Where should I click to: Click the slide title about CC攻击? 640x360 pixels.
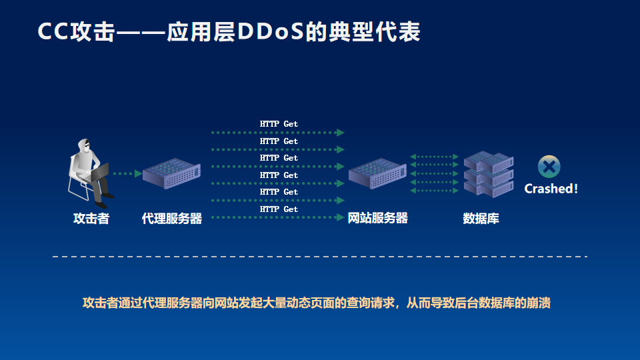[229, 31]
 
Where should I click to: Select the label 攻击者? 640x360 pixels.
[91, 219]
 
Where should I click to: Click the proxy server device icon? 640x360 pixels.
[171, 173]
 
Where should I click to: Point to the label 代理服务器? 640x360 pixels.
[172, 219]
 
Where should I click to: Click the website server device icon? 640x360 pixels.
[377, 173]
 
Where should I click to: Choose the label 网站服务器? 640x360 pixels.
[377, 218]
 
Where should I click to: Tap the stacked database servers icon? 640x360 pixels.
[489, 174]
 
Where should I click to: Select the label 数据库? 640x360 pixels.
[481, 219]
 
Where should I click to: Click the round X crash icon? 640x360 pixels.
[549, 167]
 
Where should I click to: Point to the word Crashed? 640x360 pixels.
[551, 189]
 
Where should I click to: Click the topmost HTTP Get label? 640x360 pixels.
[279, 124]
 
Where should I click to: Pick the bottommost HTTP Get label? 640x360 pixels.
[279, 209]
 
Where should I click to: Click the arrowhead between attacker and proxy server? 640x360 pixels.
[139, 173]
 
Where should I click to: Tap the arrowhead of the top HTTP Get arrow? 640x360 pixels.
[341, 133]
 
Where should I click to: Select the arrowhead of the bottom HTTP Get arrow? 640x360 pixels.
[341, 217]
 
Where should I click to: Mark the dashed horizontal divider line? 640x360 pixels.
[320, 257]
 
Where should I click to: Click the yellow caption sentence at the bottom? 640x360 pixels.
[316, 303]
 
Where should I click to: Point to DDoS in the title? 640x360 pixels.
[270, 31]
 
